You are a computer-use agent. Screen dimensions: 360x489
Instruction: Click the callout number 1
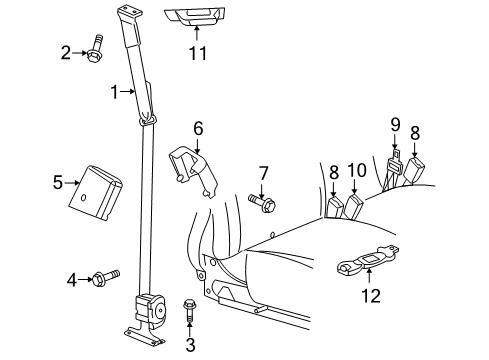pos(115,92)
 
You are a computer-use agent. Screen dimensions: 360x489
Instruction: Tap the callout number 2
pos(66,52)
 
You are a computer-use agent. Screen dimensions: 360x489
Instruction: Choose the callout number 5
pos(57,181)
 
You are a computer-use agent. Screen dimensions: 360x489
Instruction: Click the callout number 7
pos(264,174)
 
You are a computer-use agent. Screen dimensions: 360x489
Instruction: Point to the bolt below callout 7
pos(262,203)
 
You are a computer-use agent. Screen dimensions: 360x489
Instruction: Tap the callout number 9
pos(395,124)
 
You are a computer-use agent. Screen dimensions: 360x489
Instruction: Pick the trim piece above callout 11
pos(196,17)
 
